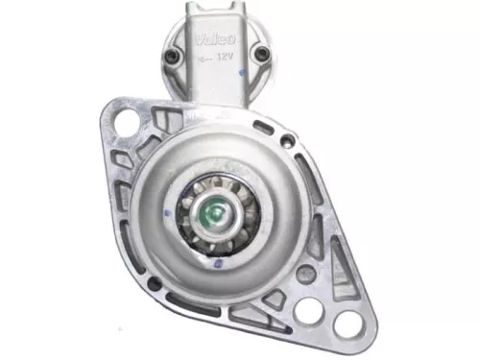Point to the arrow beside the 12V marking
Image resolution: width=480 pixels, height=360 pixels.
(x=204, y=58)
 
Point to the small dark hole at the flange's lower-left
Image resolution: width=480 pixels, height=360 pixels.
(x=153, y=284)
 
